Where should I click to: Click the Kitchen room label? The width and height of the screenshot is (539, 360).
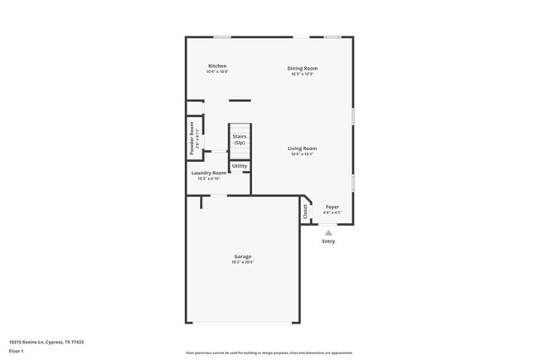[x=217, y=66]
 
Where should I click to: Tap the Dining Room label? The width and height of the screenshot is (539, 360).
[x=302, y=68]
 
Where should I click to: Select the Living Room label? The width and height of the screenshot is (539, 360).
[x=303, y=148]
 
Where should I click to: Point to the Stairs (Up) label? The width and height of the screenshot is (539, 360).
[x=239, y=139]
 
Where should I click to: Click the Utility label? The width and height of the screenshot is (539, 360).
[x=239, y=166]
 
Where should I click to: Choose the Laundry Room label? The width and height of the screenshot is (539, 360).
[x=208, y=173]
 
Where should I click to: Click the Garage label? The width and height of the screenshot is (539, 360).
[x=242, y=256]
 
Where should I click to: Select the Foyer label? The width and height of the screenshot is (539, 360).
[x=332, y=207]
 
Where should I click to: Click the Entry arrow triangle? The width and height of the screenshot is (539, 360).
[x=328, y=232]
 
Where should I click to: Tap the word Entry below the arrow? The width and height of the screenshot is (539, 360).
[x=328, y=241]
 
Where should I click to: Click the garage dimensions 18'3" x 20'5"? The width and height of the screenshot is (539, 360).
[x=242, y=262]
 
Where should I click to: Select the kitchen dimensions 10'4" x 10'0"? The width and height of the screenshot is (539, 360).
[x=217, y=72]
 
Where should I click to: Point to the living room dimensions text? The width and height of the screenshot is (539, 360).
[x=303, y=154]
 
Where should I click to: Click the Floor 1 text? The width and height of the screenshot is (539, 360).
[x=17, y=352]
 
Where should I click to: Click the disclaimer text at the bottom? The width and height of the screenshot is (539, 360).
[x=269, y=352]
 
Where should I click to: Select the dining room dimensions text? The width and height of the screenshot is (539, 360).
[x=302, y=74]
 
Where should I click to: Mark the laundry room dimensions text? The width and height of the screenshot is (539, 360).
[x=208, y=178]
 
